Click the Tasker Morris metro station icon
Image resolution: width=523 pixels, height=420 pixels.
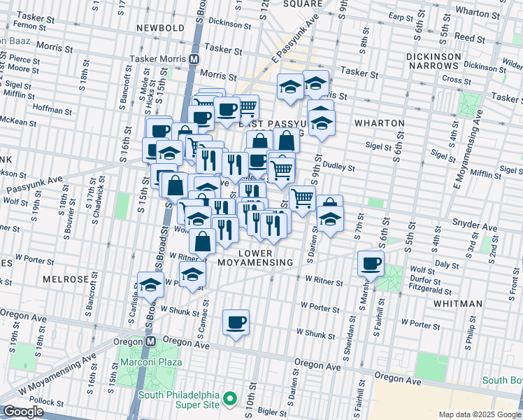tap(194, 60)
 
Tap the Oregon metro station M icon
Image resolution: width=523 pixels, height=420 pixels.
tap(150, 340)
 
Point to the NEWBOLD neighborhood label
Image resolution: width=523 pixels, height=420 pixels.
tap(160, 27)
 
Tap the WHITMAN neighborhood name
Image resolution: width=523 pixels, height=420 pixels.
tap(458, 304)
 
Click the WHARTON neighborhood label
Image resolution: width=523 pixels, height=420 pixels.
tap(380, 123)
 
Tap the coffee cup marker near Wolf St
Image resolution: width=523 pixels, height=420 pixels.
tap(371, 263)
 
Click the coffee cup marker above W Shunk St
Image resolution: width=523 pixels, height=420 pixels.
tap(236, 322)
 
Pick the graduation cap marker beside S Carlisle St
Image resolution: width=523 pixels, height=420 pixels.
tap(150, 284)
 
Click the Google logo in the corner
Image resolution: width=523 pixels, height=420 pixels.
tap(22, 412)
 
